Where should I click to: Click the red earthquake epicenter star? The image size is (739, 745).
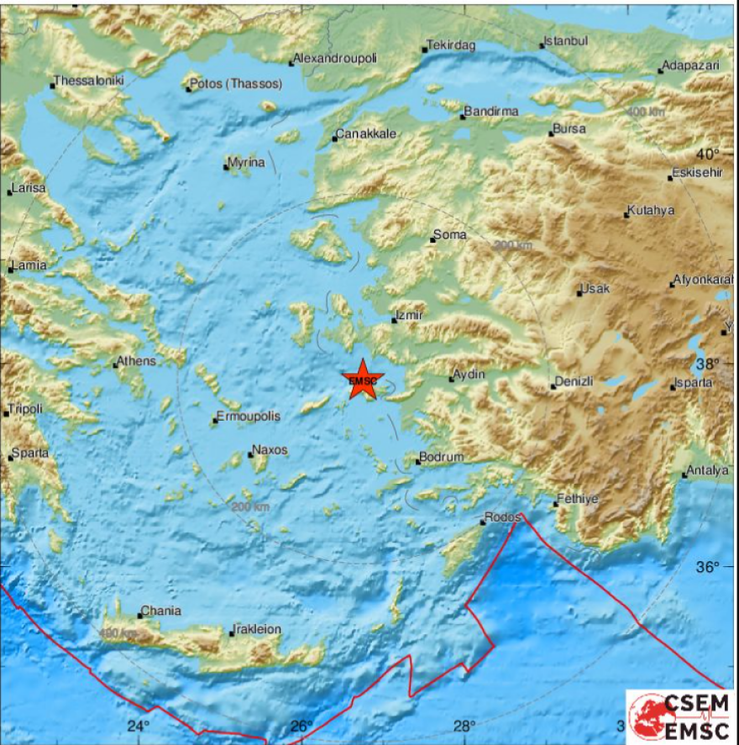coord(363,380)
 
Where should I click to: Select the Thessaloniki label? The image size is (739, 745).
coord(88,81)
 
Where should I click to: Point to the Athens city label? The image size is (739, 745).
coord(137,361)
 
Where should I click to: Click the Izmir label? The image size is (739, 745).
coord(410,315)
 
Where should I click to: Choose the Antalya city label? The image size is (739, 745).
coord(708,470)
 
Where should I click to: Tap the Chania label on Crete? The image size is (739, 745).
coord(161,611)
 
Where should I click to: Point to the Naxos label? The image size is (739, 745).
coord(270,450)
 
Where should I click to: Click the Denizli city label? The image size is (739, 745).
coord(575,381)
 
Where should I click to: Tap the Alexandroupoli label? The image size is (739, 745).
coord(335,58)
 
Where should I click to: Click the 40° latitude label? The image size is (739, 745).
coord(708,154)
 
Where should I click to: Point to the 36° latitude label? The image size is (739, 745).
coord(708,567)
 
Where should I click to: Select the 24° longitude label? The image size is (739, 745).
coord(139,726)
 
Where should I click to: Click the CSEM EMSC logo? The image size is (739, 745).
coord(681,716)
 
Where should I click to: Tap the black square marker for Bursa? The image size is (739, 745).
coord(552,134)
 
